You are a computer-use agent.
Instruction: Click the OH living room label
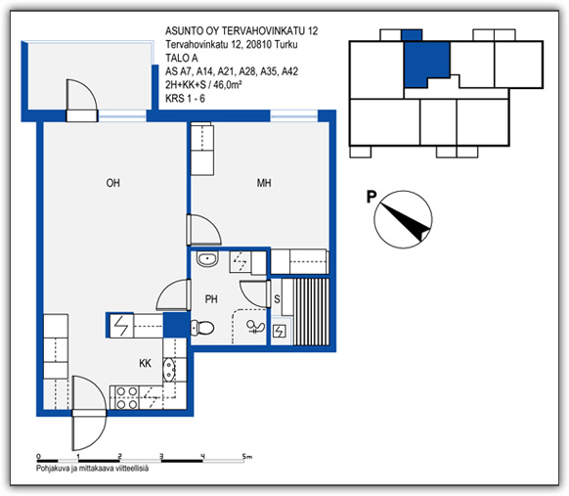point(112,183)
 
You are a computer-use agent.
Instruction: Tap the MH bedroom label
point(264,183)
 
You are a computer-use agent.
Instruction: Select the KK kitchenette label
point(145,363)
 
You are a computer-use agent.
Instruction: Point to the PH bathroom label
point(211,299)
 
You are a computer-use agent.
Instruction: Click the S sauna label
point(277,299)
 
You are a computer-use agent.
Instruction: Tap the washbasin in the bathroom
point(207,259)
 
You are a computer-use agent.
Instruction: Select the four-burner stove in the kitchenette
point(126,397)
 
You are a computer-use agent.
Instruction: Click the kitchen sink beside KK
point(169,370)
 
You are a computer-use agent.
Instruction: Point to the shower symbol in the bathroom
point(255,327)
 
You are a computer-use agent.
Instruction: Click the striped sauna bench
point(311,312)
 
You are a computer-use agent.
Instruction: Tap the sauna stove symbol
point(279,331)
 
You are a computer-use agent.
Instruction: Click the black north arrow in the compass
point(405,222)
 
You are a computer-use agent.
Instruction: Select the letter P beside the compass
point(372,197)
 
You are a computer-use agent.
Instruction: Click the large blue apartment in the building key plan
point(426,64)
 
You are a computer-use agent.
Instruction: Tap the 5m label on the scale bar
point(247,457)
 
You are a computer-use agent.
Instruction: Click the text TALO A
point(182,58)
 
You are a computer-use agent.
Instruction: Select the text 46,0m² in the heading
point(228,85)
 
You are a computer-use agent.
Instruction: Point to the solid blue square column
point(176,325)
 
